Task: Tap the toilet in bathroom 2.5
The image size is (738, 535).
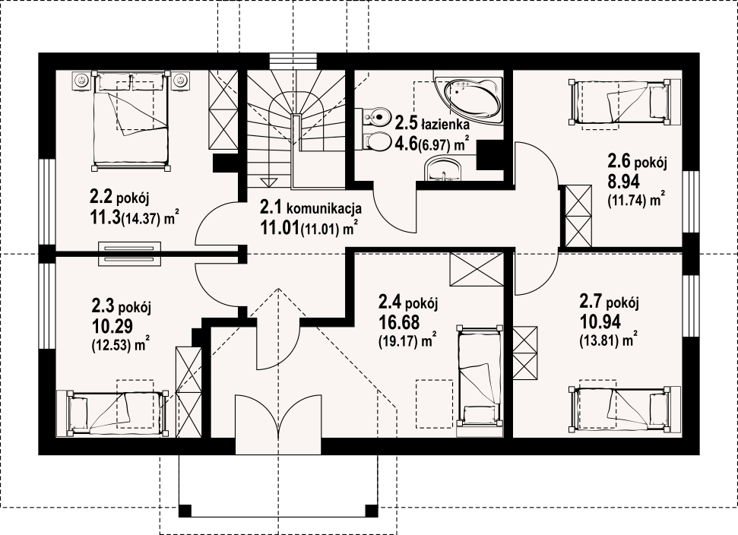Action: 375,141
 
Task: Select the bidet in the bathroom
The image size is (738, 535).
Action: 375,115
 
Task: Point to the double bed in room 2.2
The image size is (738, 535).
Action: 131,120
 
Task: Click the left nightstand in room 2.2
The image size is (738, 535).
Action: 82,81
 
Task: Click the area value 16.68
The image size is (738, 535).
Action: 399,323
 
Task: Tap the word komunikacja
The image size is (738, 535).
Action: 324,208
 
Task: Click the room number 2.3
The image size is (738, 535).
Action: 103,307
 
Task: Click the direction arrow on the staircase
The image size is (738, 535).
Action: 270,182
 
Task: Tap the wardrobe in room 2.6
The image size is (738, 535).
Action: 578,216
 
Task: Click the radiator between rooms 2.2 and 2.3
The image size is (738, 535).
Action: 129,254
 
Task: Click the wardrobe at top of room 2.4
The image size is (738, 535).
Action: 477,270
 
